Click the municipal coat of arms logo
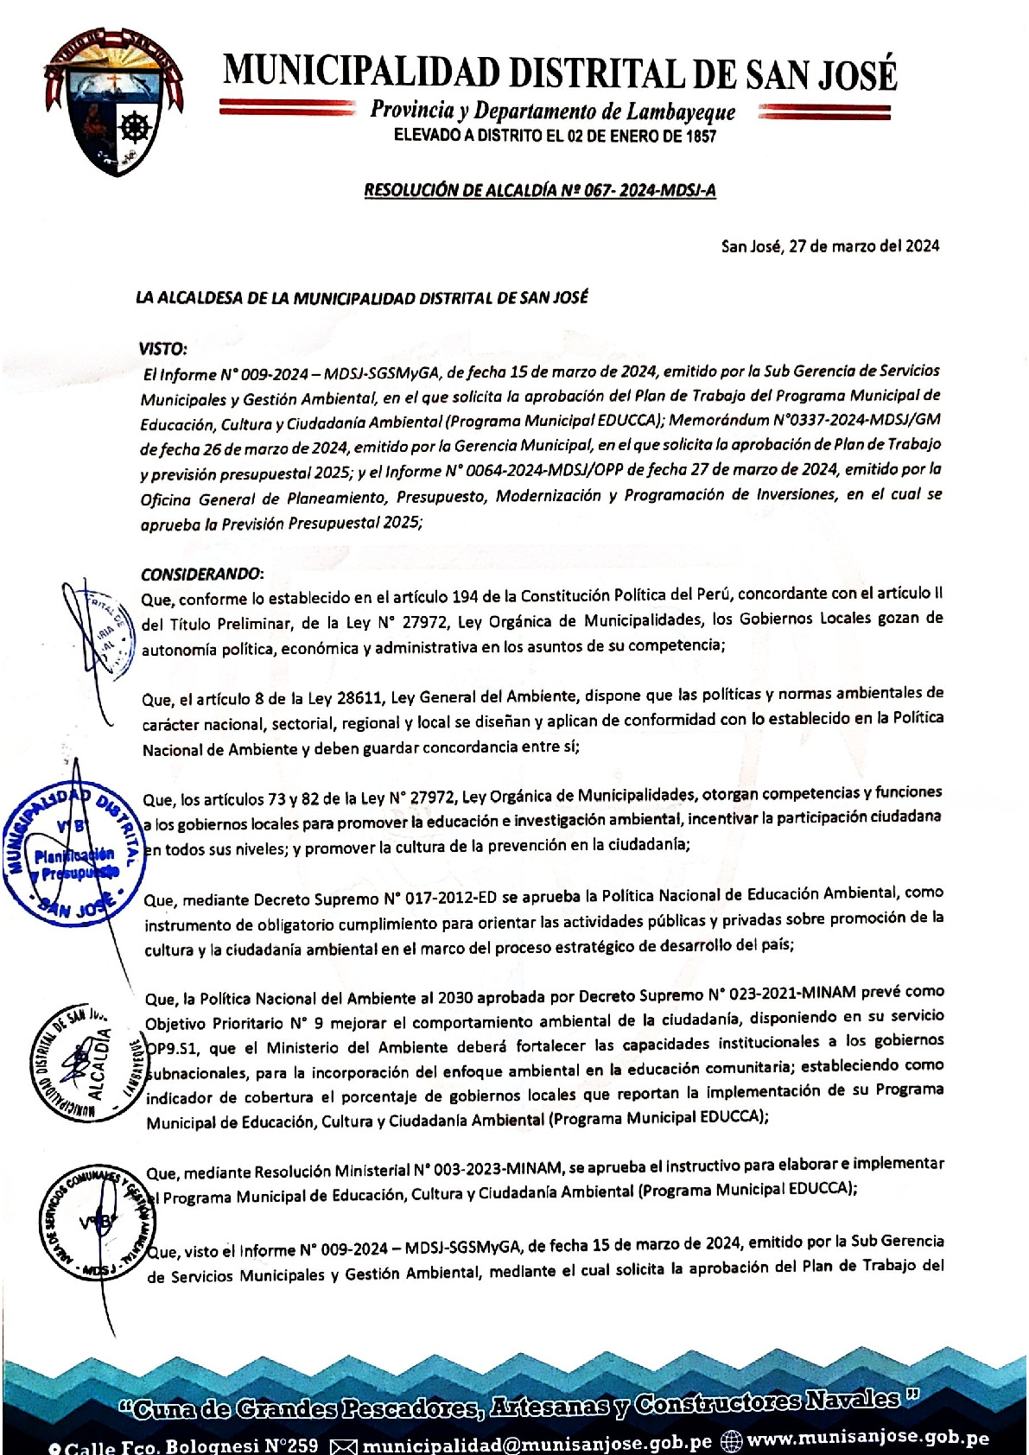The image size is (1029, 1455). click(x=114, y=102)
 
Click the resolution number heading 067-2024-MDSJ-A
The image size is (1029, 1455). click(x=539, y=191)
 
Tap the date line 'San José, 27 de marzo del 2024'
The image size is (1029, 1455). click(x=829, y=246)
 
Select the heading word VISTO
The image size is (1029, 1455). click(x=162, y=349)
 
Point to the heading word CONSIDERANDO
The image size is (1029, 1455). click(x=201, y=574)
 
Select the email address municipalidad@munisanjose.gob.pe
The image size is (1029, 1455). click(x=537, y=1443)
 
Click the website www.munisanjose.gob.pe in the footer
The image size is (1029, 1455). click(x=867, y=1439)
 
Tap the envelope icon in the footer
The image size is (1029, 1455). click(x=344, y=1445)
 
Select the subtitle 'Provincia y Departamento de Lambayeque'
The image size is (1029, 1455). click(x=553, y=111)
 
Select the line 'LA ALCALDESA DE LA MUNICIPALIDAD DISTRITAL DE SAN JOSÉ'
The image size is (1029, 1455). click(x=362, y=298)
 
